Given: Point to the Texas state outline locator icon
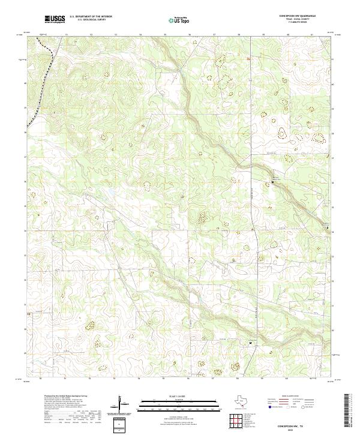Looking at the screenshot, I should (x=242, y=401).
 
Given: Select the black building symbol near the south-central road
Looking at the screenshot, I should (x=251, y=343).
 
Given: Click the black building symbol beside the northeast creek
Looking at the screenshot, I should (x=274, y=182).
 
